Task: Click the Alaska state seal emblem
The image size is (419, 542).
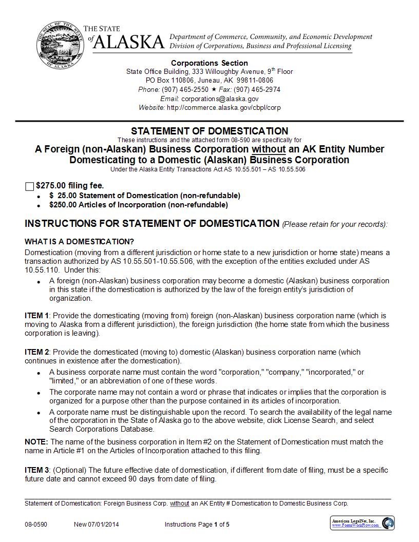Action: (x=58, y=45)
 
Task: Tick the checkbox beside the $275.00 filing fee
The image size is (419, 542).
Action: (x=29, y=186)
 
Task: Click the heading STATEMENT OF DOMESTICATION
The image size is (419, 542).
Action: (x=209, y=131)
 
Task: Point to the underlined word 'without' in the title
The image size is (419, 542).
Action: (x=268, y=149)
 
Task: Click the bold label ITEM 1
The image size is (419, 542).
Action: (x=36, y=316)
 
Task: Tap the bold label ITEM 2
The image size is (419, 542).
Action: (x=36, y=352)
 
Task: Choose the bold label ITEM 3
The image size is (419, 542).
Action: (x=36, y=470)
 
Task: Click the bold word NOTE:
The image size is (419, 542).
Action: (x=36, y=442)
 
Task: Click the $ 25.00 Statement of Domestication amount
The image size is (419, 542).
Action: (x=62, y=196)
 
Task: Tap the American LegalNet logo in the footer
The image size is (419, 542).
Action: (x=362, y=523)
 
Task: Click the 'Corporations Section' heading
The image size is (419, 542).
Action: (x=209, y=63)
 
